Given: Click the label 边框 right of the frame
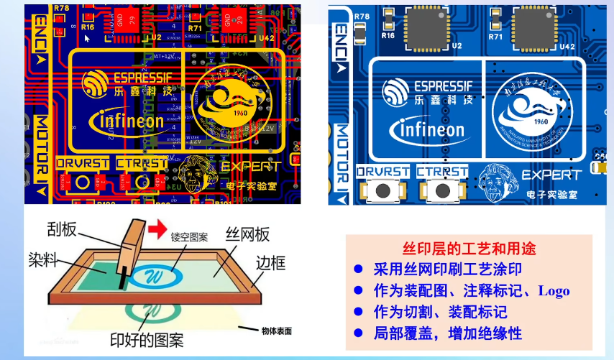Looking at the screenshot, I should click(272, 262).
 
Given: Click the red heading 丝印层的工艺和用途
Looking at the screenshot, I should click(469, 249).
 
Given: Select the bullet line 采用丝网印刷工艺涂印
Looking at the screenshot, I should click(446, 270).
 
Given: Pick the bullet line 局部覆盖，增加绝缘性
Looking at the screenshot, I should click(446, 333).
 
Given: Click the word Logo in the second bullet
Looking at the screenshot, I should click(554, 291).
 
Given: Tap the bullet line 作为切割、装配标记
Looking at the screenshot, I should click(440, 312).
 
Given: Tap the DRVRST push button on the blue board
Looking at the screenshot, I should click(383, 190).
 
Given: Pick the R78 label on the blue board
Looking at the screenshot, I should click(362, 15).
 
